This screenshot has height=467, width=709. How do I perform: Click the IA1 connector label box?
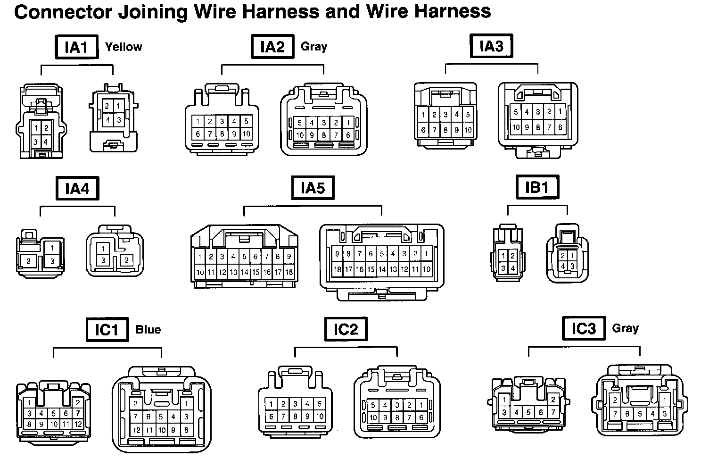tap(76, 47)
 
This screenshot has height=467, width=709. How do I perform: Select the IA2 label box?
tap(272, 47)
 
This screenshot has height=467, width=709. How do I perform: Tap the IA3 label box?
tap(491, 46)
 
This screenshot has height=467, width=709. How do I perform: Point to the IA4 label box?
tap(77, 189)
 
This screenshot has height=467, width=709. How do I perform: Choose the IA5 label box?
tap(313, 188)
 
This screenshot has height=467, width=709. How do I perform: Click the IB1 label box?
tap(536, 187)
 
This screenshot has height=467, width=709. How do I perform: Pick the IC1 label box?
tap(107, 329)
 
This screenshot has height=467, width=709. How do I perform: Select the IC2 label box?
tap(346, 329)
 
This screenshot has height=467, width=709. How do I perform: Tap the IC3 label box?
tap(583, 328)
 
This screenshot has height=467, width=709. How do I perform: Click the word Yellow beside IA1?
tap(124, 47)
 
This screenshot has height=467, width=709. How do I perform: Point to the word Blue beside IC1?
tap(148, 329)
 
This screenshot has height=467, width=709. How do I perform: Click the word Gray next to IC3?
tap(625, 328)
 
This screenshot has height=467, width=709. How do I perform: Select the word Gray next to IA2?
tap(313, 46)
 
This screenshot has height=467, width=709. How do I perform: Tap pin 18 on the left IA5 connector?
tap(289, 272)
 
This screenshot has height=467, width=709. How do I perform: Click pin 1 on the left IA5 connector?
tap(200, 257)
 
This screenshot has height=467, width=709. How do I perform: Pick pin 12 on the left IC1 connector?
tap(78, 424)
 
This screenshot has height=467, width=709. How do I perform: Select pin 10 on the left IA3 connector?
tap(468, 130)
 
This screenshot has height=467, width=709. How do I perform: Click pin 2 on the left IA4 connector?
tap(29, 261)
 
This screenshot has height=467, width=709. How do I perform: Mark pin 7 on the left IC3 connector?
tap(553, 412)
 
